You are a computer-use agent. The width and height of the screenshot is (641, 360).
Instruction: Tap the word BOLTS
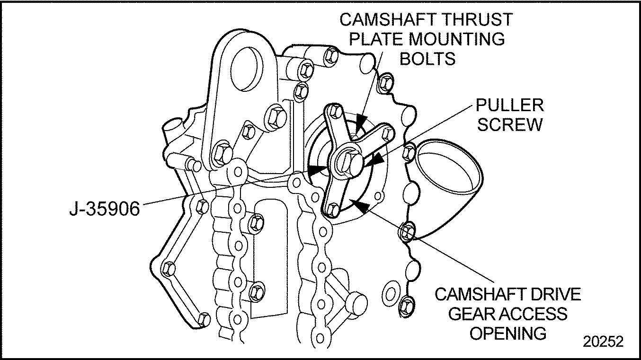coord(427,59)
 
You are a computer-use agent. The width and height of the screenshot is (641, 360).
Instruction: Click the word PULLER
coord(510,105)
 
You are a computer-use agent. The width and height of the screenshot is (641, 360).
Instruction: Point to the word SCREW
coord(510,124)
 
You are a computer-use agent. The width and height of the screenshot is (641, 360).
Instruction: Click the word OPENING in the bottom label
coord(507,333)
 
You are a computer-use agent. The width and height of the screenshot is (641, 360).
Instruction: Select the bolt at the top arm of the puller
coord(334,112)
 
